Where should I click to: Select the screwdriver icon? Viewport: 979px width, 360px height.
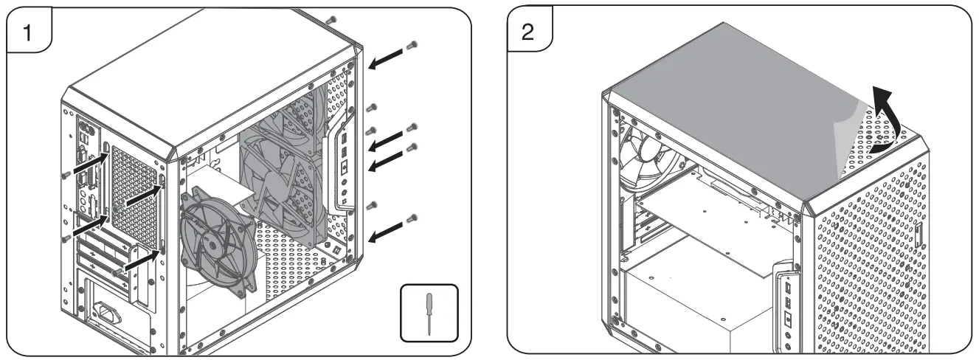429,314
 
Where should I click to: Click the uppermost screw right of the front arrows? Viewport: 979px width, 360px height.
413,45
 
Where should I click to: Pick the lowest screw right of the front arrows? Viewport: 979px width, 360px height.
413,218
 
